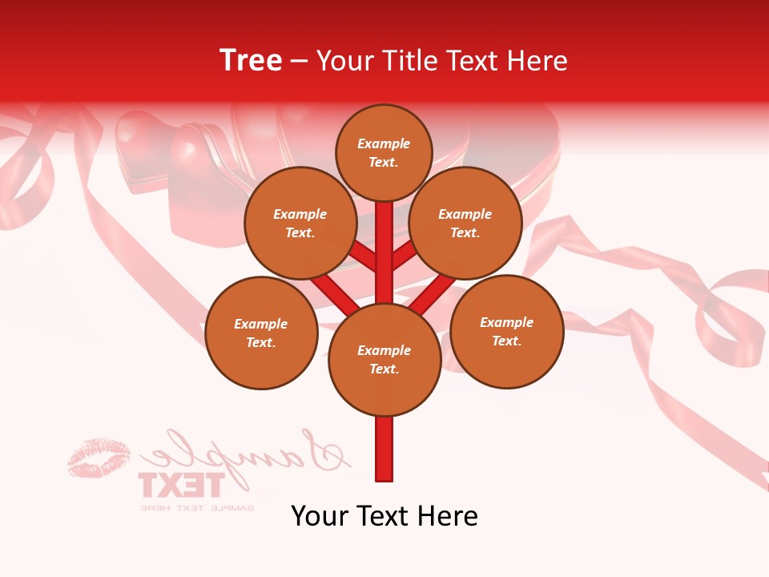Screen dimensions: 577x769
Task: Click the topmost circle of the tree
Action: (384, 152)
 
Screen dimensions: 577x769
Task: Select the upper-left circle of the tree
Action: (300, 223)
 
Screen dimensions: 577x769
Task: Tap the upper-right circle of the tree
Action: (465, 223)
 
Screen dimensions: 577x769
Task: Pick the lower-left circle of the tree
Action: (261, 333)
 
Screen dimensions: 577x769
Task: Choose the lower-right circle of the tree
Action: (507, 331)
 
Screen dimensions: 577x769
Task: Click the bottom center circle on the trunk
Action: (384, 359)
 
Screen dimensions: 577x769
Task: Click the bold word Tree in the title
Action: (251, 60)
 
